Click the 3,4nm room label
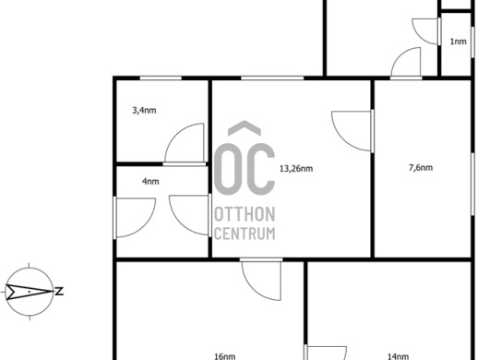(144, 111)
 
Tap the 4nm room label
(150, 181)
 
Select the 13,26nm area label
(296, 169)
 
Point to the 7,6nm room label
(421, 168)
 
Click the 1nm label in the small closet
(459, 42)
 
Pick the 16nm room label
(225, 356)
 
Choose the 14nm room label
(398, 356)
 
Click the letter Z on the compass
(59, 292)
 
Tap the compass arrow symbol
(29, 292)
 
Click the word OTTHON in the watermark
(244, 214)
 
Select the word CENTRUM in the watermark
(244, 234)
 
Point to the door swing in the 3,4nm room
(185, 143)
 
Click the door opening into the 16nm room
(261, 279)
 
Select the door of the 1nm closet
(426, 31)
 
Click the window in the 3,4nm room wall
(161, 78)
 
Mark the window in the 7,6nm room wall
(472, 184)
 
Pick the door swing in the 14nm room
(326, 353)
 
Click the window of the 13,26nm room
(272, 78)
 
